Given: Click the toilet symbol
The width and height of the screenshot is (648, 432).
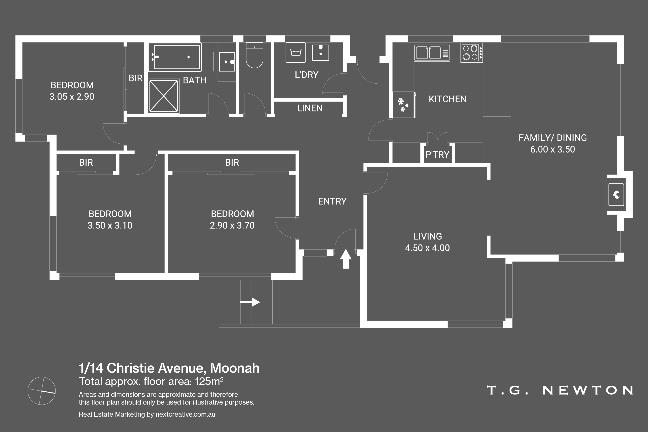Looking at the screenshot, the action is tap(254, 55).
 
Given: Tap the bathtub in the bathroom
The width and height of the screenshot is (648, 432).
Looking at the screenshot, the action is tap(175, 57).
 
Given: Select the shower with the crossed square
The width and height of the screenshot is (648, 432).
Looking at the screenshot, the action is tap(164, 96).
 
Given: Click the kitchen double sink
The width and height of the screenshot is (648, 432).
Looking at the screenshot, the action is tap(432, 53).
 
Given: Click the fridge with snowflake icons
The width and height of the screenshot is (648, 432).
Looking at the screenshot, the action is tap(403, 105).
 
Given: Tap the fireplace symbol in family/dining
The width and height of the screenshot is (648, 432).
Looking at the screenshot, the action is tap(616, 195).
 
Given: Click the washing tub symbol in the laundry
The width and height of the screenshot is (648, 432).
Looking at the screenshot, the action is tap(296, 52).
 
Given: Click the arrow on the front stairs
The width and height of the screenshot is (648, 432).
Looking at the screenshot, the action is tap(250, 302).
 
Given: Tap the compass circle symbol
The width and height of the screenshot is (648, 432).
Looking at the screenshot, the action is tap(42, 391).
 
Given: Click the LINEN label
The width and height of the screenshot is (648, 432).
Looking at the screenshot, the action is tap(310, 108).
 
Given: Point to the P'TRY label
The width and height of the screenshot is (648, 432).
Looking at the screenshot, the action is tap(437, 155).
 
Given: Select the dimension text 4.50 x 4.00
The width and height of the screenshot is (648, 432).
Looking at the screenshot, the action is tap(427, 248).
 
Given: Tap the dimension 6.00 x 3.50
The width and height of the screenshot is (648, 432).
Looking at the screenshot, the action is tap(553, 149).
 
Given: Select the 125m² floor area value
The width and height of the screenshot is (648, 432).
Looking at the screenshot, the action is tap(209, 381).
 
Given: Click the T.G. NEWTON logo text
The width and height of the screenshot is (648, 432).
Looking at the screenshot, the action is tap(560, 390).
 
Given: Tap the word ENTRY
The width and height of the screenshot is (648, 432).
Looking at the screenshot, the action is tap(332, 201).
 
